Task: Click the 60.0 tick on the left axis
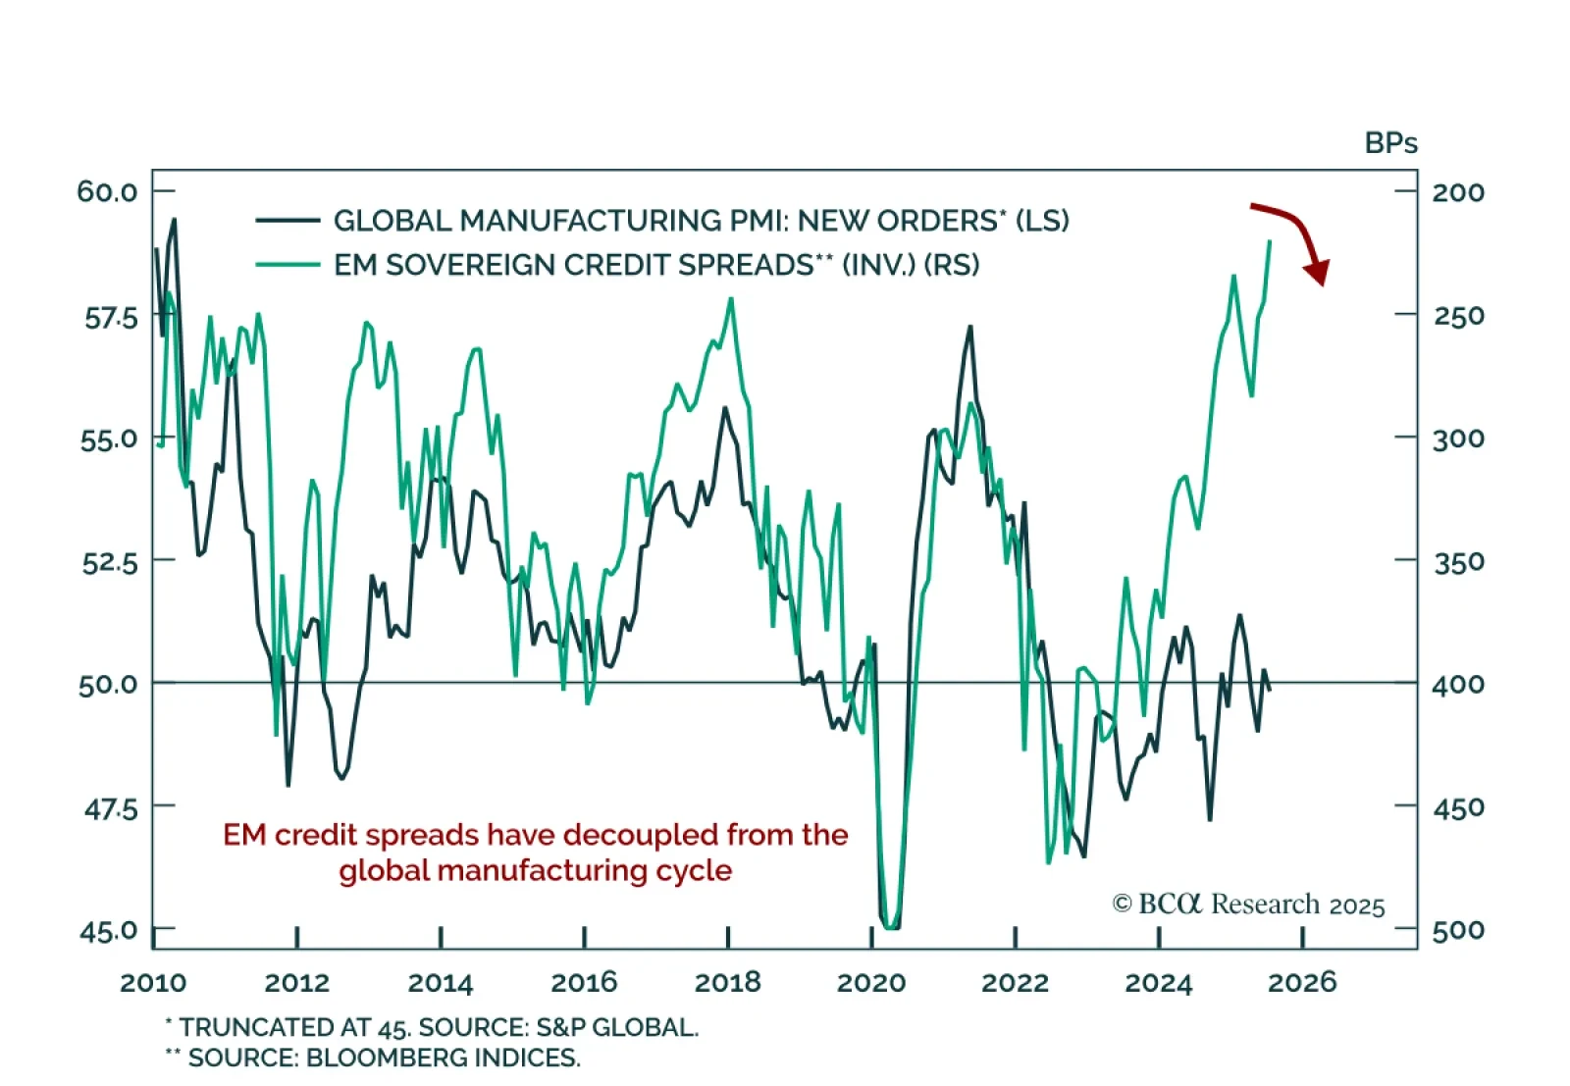(108, 191)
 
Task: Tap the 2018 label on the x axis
(727, 982)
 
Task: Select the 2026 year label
(1302, 982)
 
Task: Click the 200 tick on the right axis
(1458, 192)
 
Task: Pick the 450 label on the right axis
(1458, 807)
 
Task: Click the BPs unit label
(1390, 143)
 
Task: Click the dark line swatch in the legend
(288, 221)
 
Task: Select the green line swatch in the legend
(288, 265)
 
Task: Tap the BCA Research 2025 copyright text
(1248, 904)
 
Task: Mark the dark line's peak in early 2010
(175, 219)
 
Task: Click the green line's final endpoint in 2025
(1271, 240)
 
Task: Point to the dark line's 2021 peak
(970, 327)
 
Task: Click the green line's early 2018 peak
(731, 299)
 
